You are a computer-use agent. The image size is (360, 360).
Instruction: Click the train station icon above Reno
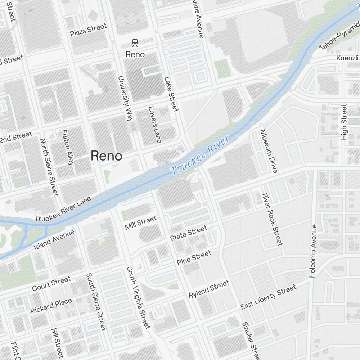[135, 43]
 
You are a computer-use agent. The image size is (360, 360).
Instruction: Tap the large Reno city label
[106, 156]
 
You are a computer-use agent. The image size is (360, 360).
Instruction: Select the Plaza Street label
[89, 30]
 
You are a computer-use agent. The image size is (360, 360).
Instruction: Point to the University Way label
[125, 98]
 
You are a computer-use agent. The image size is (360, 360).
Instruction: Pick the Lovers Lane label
[154, 124]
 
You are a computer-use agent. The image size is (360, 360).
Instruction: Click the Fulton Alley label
[68, 147]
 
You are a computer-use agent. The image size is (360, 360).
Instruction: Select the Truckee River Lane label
[63, 209]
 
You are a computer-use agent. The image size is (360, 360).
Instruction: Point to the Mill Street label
[140, 223]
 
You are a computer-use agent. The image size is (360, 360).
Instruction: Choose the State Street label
[189, 233]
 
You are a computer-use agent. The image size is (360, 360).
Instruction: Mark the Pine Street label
[194, 258]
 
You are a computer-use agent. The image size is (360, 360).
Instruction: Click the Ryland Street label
[209, 289]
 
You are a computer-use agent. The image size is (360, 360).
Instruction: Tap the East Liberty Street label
[268, 297]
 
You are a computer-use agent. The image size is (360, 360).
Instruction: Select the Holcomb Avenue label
[313, 251]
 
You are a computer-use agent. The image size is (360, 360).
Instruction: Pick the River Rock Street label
[272, 219]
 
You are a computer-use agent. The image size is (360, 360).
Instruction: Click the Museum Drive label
[269, 151]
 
